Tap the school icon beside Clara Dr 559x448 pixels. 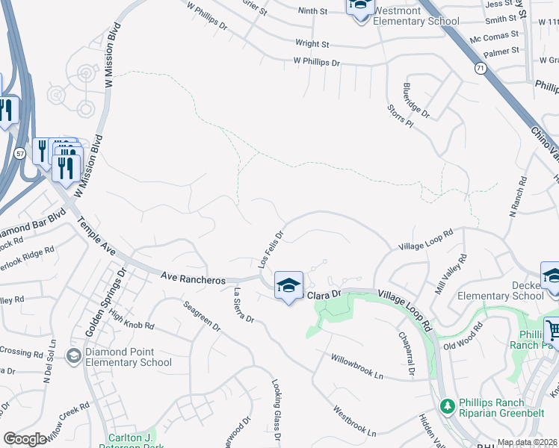point(288,286)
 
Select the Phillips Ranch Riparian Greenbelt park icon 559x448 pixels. point(447,407)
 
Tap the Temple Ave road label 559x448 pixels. point(95,237)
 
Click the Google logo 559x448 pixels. point(25,439)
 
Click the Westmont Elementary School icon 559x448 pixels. point(359,7)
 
